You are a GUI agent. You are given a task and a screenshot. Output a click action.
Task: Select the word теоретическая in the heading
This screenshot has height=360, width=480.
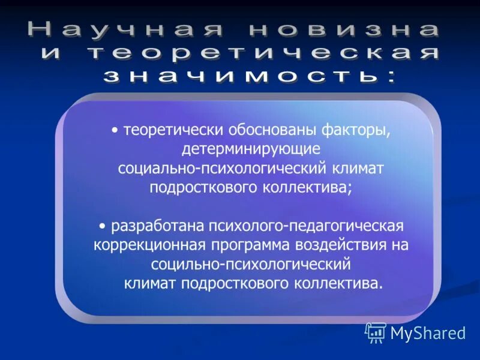pos(265,53)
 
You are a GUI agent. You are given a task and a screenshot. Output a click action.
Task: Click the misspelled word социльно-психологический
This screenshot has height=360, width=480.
pos(251,263)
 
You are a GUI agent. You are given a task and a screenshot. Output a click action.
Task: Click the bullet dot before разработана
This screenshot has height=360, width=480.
pos(103,227)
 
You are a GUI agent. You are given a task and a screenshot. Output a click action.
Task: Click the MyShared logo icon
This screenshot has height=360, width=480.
pos(376,332)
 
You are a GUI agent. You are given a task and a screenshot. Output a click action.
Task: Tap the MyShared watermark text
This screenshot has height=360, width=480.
pos(428,333)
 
